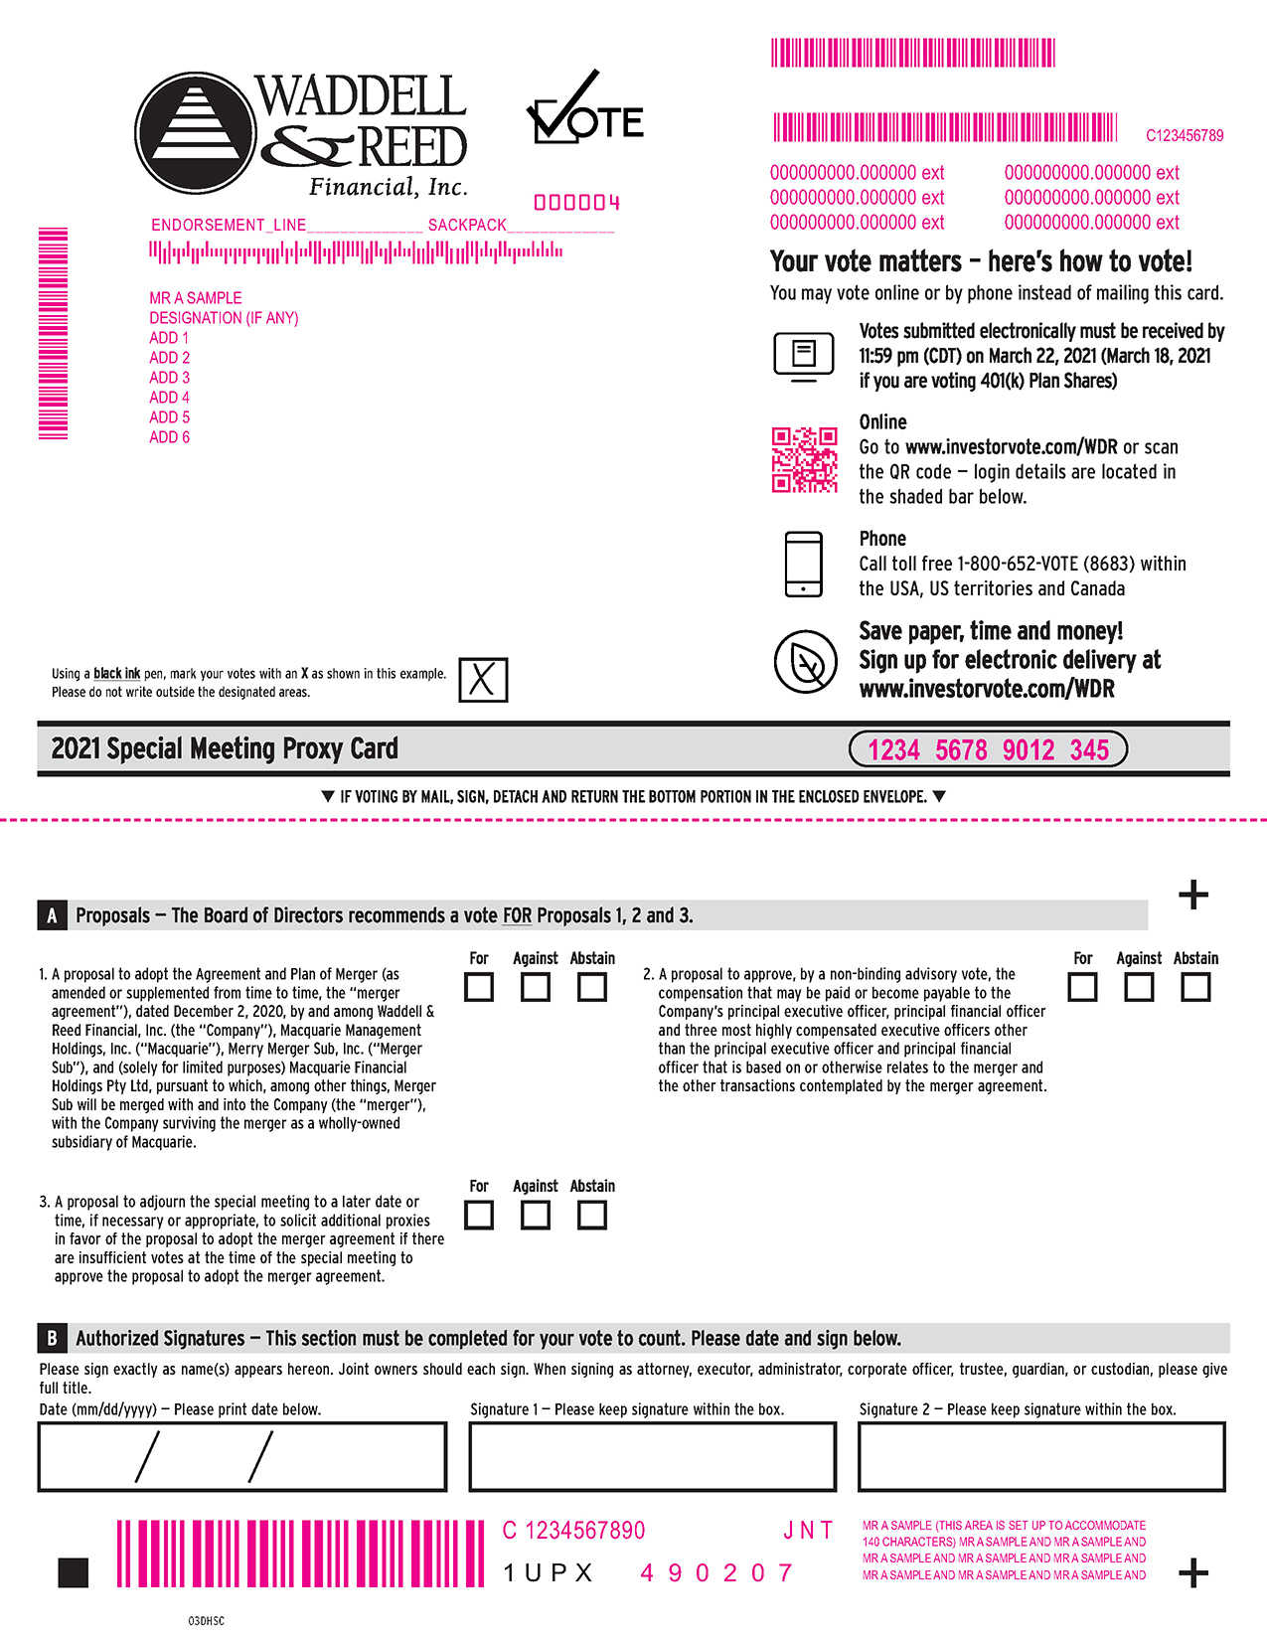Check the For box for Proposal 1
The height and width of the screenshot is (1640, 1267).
click(479, 987)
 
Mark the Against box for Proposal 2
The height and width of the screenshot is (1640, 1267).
click(1139, 987)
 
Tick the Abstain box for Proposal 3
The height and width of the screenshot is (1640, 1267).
click(592, 1215)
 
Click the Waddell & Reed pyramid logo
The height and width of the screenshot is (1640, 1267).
click(195, 132)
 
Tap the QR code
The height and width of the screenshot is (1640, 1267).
click(804, 460)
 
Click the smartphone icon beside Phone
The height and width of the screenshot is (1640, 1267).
click(803, 564)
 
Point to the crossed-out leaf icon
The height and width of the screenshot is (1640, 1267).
click(805, 661)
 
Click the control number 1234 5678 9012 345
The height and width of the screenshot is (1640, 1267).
click(988, 749)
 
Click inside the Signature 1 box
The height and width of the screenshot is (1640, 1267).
click(652, 1457)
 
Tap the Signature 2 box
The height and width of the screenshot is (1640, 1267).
click(1040, 1457)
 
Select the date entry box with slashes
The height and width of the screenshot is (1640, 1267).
click(241, 1457)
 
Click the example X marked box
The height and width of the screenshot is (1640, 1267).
click(483, 680)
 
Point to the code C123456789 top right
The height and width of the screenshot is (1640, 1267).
click(1185, 135)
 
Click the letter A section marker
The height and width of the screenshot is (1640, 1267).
click(52, 915)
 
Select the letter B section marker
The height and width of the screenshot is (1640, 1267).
click(52, 1338)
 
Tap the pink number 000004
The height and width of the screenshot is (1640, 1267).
click(577, 203)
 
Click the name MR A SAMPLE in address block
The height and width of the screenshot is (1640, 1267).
click(196, 298)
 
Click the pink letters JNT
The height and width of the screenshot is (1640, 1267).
click(808, 1531)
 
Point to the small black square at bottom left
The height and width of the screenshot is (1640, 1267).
click(74, 1572)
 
